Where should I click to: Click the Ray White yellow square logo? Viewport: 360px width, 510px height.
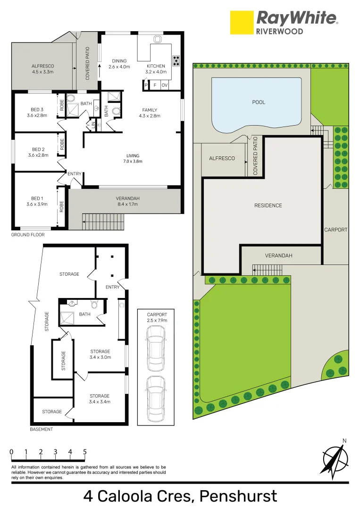(x=241, y=23)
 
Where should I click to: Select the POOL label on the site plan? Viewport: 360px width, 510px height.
(x=259, y=102)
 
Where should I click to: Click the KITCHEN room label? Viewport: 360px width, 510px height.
(x=156, y=66)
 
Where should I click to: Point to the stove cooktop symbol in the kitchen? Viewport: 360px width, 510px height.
(x=176, y=60)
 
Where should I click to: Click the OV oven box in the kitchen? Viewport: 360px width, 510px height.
(x=164, y=85)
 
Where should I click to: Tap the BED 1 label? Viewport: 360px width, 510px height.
(x=37, y=198)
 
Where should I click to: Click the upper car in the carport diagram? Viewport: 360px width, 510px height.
(x=156, y=348)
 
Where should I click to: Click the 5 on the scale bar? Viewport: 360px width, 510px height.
(x=85, y=452)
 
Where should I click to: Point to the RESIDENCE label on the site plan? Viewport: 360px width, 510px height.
(x=268, y=205)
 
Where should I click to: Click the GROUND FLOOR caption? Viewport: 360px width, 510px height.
(x=28, y=235)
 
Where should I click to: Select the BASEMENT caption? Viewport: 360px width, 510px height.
(x=42, y=429)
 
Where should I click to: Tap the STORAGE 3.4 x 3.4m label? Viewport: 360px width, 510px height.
(x=100, y=399)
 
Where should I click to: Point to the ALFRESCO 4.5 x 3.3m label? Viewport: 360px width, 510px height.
(x=43, y=69)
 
